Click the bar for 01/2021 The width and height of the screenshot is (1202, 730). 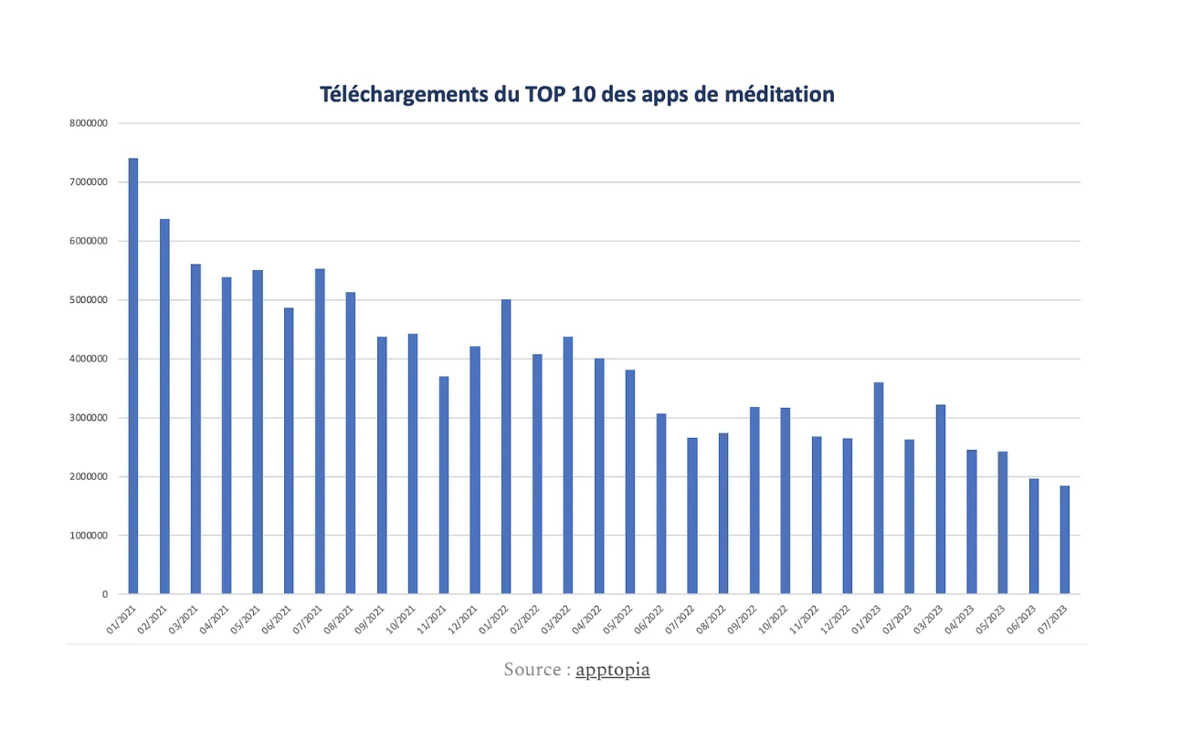pyautogui.click(x=133, y=376)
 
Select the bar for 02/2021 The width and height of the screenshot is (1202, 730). pyautogui.click(x=164, y=406)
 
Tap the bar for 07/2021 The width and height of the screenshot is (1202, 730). pyautogui.click(x=320, y=432)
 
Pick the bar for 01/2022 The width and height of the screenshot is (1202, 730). pyautogui.click(x=506, y=447)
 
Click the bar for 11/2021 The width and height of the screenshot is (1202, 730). pyautogui.click(x=444, y=485)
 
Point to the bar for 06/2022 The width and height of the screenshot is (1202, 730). pyautogui.click(x=661, y=504)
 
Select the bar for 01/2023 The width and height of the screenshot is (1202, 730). pyautogui.click(x=879, y=488)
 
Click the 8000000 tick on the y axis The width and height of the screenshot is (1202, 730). pyautogui.click(x=89, y=123)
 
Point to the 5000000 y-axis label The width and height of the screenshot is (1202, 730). pyautogui.click(x=89, y=300)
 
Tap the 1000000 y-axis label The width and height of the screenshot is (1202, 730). pyautogui.click(x=89, y=536)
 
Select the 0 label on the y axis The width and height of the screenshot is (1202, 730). pyautogui.click(x=105, y=594)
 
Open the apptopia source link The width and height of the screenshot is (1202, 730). pyautogui.click(x=613, y=670)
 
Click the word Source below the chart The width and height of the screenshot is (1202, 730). pyautogui.click(x=532, y=670)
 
